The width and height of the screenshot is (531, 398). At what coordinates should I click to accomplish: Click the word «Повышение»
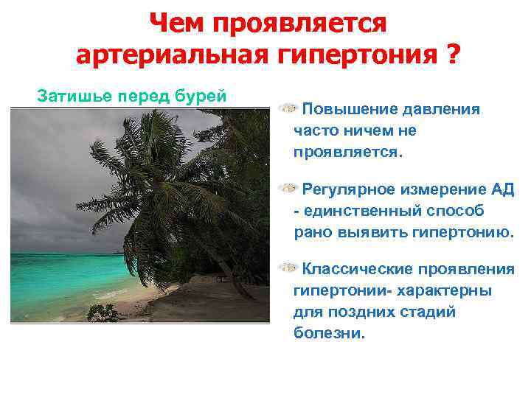click(349, 110)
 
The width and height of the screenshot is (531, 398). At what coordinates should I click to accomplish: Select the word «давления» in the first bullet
click(442, 110)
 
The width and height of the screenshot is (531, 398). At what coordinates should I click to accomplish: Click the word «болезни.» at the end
click(329, 333)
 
